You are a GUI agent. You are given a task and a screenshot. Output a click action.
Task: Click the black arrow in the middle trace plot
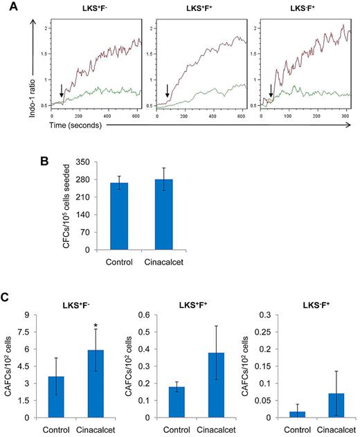(167, 91)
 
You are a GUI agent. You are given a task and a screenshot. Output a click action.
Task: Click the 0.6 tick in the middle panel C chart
(145, 315)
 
